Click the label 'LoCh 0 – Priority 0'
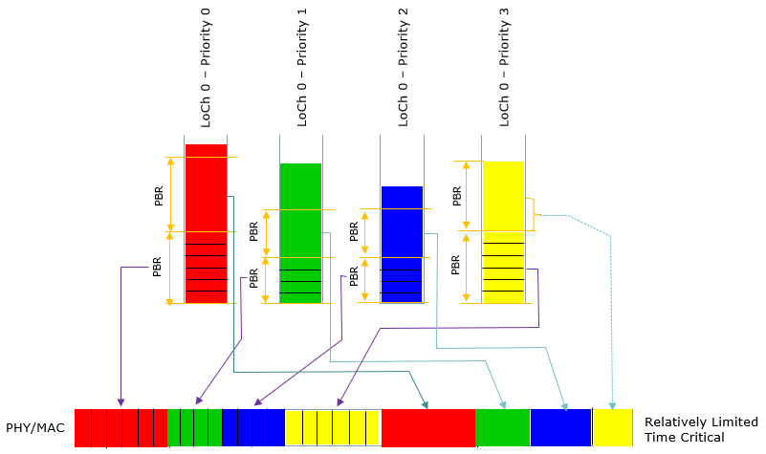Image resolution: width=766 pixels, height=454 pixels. (x=206, y=68)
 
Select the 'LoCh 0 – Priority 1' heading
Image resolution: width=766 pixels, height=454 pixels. (x=302, y=68)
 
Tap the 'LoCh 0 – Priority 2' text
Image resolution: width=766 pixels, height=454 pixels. (x=403, y=68)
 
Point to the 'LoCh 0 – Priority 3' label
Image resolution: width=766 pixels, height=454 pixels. (x=504, y=68)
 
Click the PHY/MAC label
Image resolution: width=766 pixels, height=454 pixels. (x=35, y=428)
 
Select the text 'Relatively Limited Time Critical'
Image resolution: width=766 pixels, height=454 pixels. (x=701, y=429)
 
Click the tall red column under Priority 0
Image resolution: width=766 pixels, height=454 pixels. (x=207, y=224)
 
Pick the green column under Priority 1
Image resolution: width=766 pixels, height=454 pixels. (x=300, y=233)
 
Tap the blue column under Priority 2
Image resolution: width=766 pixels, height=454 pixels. (x=402, y=244)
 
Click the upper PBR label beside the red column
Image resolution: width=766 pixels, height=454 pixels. (x=159, y=196)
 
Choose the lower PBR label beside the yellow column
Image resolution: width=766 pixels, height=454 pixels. (x=456, y=265)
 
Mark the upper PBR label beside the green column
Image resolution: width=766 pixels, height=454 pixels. (x=253, y=232)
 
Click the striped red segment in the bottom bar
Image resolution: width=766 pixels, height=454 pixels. (x=121, y=427)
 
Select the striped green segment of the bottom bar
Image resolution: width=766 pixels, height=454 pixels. (x=195, y=427)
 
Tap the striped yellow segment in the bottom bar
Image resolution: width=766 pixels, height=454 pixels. (x=332, y=427)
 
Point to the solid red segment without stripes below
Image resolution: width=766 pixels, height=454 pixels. (x=428, y=427)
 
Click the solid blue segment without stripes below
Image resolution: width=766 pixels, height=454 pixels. (x=560, y=427)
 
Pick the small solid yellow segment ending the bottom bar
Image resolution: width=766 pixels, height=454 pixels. (x=613, y=427)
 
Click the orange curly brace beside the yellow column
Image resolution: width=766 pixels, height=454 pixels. (x=535, y=214)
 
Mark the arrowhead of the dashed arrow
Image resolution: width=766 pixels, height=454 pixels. (x=612, y=405)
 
